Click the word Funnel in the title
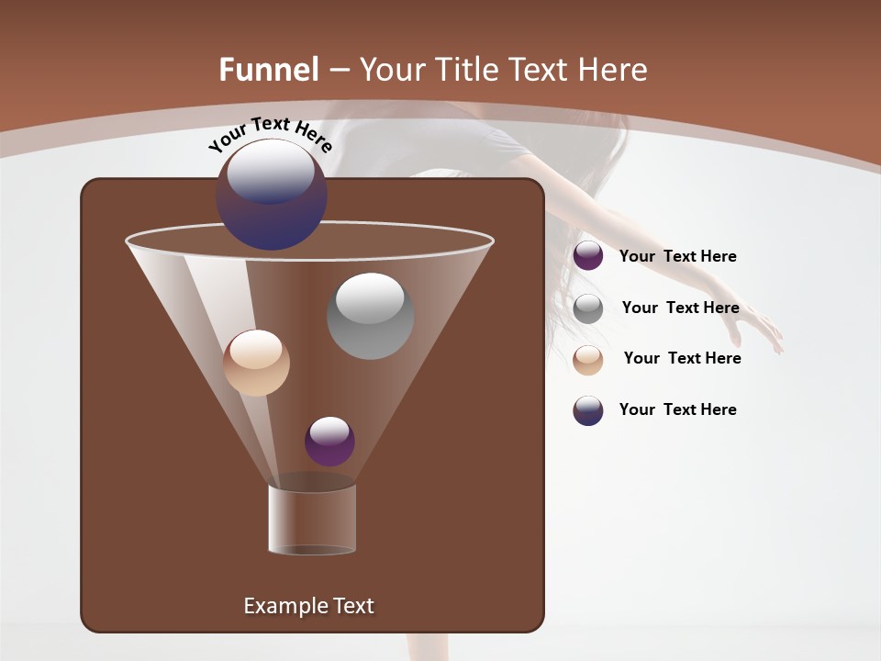(x=268, y=70)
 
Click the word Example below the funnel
(x=283, y=606)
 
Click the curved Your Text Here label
(x=271, y=135)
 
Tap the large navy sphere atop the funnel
(x=272, y=194)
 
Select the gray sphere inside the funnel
(x=370, y=315)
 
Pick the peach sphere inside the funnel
(x=256, y=363)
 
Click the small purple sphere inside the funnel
(x=329, y=441)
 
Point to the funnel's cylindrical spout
(x=312, y=519)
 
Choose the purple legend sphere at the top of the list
(x=588, y=255)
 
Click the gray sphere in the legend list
(x=588, y=308)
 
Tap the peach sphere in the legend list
(x=588, y=360)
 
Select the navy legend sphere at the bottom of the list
(x=588, y=410)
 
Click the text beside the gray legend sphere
(x=680, y=308)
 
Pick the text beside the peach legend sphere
(x=682, y=358)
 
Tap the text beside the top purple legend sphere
(x=677, y=256)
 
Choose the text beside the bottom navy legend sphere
(x=677, y=409)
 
